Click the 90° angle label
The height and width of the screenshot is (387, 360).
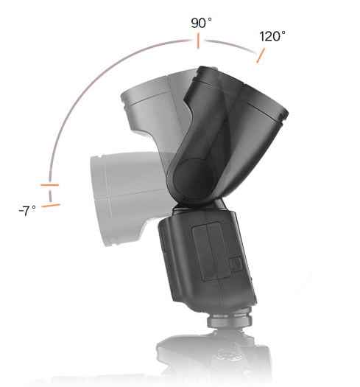pos(201,24)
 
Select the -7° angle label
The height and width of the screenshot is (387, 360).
pos(27,211)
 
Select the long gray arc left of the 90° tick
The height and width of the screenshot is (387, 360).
pos(88,88)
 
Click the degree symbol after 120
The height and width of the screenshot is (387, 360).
pos(285,32)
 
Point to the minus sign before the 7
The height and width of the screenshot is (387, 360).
pos(19,212)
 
